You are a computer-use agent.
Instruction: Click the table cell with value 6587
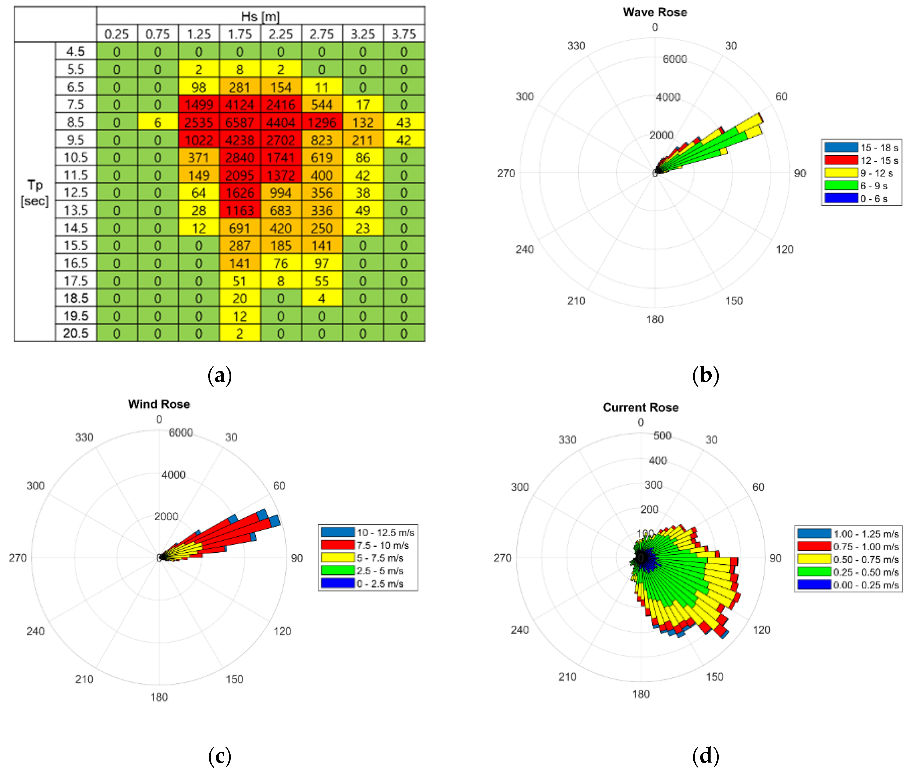click(240, 122)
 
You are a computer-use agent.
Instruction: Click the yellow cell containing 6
click(158, 122)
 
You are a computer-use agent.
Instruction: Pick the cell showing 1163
click(240, 211)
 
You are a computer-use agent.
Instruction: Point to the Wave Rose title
click(655, 12)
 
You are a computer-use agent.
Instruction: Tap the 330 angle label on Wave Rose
click(576, 46)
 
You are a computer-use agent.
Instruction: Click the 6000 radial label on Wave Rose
click(674, 59)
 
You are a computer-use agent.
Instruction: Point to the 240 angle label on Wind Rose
click(36, 631)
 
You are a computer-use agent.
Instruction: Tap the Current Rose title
click(640, 408)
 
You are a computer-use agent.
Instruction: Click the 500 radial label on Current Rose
click(662, 436)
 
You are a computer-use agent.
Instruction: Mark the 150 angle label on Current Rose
click(714, 677)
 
